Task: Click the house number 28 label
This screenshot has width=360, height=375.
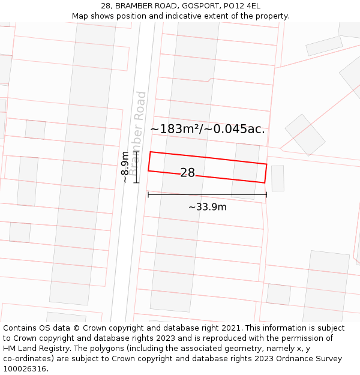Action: tap(187, 173)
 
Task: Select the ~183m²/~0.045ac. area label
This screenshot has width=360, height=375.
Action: tap(207, 129)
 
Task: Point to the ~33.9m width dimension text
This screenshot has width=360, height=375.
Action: tap(207, 207)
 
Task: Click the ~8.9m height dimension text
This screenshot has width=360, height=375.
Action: tap(125, 167)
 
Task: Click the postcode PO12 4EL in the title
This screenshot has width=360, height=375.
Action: tap(242, 6)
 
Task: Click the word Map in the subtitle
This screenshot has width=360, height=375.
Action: tap(80, 16)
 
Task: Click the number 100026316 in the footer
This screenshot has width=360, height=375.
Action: tap(25, 369)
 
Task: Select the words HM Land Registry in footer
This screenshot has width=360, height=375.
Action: tap(35, 349)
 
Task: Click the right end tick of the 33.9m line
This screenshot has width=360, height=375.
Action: tap(266, 194)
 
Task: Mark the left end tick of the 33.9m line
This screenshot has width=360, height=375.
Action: tap(148, 194)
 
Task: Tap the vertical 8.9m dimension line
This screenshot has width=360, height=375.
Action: tap(137, 167)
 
